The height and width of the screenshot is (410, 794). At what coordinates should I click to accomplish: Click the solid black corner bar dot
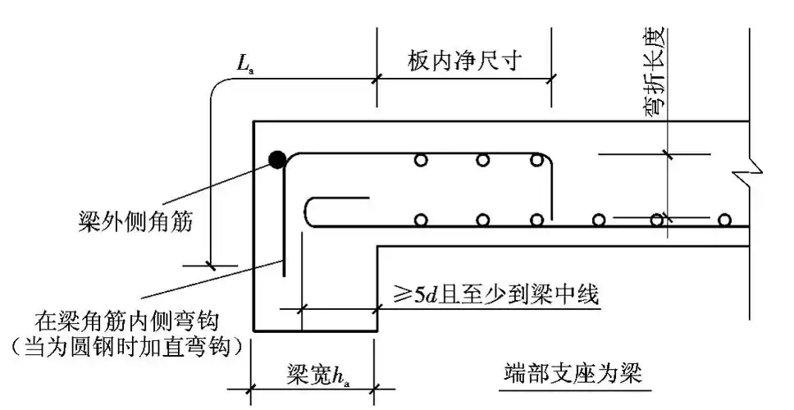tap(278, 159)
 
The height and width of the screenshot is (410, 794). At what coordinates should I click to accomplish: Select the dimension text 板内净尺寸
tap(464, 61)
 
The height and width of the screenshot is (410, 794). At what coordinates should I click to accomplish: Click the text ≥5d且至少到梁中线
tap(495, 294)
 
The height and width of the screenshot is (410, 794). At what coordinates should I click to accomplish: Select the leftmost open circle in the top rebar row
tap(421, 160)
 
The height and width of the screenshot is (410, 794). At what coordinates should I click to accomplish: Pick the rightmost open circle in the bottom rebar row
tap(724, 220)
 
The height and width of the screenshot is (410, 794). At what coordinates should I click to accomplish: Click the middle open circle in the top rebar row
tap(482, 160)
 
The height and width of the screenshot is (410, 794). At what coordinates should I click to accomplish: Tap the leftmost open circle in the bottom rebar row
tap(422, 220)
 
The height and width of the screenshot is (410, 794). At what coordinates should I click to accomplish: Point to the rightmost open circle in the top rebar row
tap(536, 160)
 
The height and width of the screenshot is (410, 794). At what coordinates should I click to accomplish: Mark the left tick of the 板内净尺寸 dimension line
tap(377, 80)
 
